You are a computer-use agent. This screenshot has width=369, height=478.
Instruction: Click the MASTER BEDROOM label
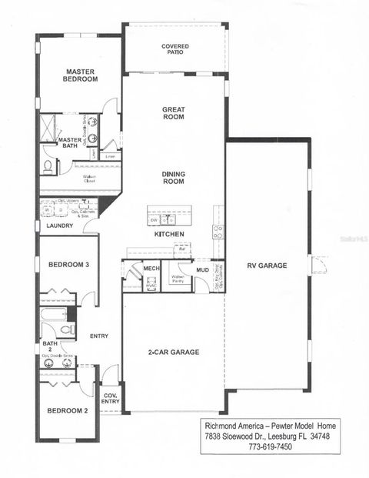pos(80,74)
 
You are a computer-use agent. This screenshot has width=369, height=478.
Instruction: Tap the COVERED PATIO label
pos(175,50)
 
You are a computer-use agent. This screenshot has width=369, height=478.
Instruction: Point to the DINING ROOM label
pos(173,178)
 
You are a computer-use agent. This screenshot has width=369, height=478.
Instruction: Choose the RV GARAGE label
pos(267,266)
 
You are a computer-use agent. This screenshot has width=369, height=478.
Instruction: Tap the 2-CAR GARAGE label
pos(174,352)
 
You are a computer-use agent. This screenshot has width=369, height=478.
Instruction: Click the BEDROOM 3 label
pos(69,265)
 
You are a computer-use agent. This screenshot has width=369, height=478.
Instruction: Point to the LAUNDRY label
pos(59,226)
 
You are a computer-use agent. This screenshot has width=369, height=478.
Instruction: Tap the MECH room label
pos(150,268)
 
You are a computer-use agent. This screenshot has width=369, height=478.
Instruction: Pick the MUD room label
pos(202,270)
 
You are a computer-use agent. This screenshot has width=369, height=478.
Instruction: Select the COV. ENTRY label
pos(111,398)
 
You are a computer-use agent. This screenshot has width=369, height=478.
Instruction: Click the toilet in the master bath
pos(48,165)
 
